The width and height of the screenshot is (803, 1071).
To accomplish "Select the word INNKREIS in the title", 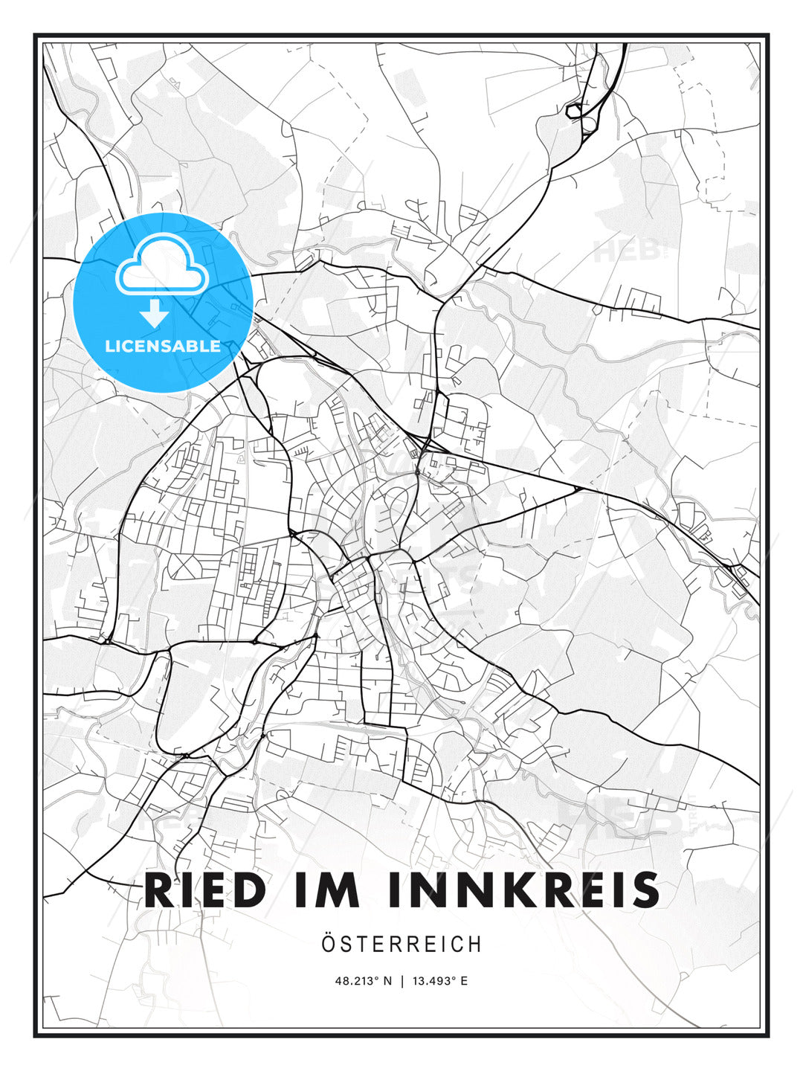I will tap(523, 890).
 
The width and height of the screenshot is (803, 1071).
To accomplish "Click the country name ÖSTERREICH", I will tap(401, 945).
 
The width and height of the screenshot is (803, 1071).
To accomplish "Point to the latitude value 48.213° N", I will tap(364, 981).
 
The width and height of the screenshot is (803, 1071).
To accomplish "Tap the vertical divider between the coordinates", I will tap(402, 981).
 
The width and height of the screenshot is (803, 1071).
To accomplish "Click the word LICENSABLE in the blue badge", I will tap(163, 346).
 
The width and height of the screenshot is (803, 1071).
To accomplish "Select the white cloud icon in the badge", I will tap(161, 265).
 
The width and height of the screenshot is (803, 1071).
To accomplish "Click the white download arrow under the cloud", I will tap(155, 314).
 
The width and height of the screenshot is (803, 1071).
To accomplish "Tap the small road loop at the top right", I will tap(575, 112).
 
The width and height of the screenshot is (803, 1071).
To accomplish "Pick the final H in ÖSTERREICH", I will tap(475, 945).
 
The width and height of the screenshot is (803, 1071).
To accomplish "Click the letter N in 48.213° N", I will tap(387, 981).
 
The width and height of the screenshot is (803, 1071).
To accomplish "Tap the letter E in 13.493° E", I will tap(464, 981).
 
